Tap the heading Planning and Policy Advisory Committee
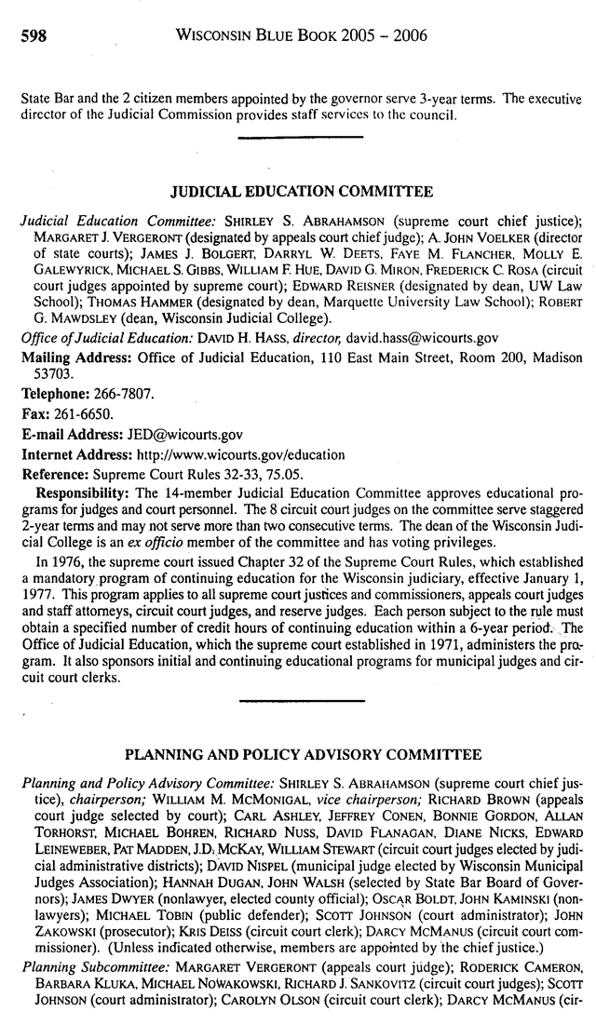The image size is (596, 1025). [x=303, y=753]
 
